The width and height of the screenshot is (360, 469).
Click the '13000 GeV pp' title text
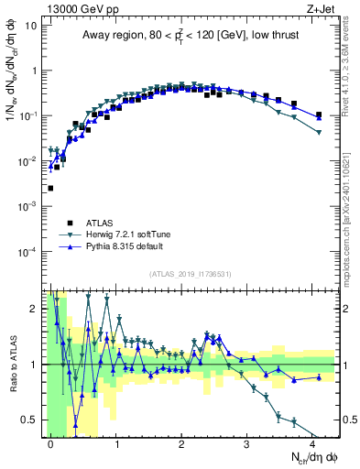(75, 7)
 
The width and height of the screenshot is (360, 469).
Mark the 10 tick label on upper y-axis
(31, 26)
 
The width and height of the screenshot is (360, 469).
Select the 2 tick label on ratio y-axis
(34, 308)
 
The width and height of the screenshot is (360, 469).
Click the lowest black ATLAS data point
(50, 188)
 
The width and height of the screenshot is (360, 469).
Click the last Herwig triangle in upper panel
(318, 133)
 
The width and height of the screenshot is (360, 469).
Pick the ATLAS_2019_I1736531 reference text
(190, 274)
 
